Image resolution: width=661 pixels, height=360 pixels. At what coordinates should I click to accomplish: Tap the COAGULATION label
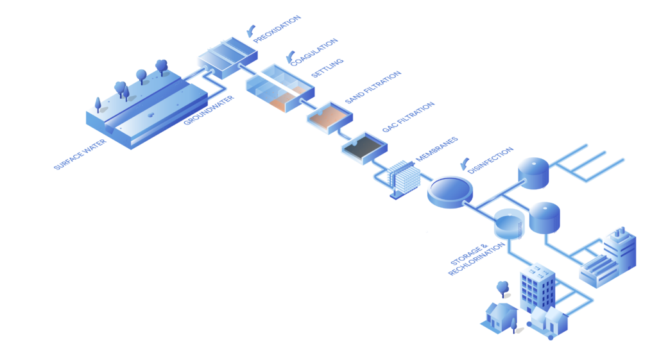point(314,52)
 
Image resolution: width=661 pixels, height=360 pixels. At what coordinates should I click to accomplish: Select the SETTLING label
point(327,67)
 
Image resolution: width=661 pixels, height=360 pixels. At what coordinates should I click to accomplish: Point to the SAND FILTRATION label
point(373,87)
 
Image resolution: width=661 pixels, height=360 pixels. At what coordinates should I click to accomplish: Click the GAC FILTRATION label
point(408,117)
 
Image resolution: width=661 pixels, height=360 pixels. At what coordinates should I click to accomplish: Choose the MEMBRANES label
point(436,149)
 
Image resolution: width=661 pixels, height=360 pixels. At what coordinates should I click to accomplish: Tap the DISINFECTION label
point(492,161)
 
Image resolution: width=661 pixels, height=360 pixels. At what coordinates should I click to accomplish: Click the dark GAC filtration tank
point(365,147)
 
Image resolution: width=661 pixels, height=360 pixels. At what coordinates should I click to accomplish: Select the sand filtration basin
point(330,116)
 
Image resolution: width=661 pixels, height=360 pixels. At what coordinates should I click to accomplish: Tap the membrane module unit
point(402,177)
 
